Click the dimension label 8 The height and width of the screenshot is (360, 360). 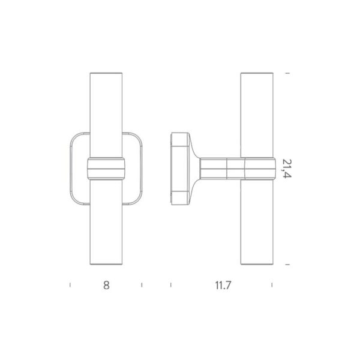[x=106, y=286]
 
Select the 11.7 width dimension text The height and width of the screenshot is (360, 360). [x=222, y=286]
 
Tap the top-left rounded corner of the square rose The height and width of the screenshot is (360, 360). [x=74, y=136]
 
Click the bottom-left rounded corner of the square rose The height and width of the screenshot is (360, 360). [x=74, y=201]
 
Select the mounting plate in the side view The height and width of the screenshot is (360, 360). [x=178, y=169]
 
